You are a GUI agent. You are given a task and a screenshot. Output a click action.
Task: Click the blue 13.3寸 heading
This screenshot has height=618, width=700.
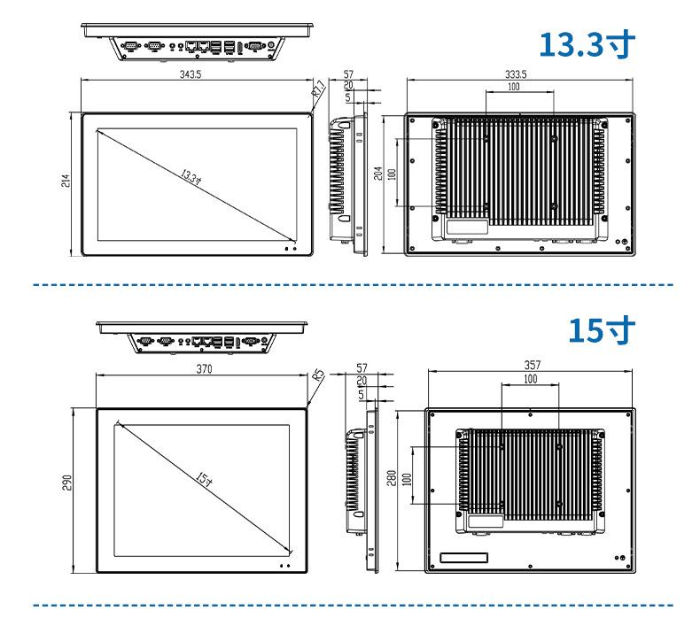[587, 44]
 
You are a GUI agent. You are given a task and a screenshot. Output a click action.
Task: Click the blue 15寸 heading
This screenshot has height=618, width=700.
[602, 330]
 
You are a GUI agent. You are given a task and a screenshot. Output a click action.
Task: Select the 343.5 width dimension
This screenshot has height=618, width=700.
[191, 74]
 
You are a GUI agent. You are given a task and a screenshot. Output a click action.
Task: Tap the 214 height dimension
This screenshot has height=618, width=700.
[66, 181]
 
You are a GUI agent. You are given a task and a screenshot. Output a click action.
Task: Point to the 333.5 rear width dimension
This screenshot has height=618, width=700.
[516, 74]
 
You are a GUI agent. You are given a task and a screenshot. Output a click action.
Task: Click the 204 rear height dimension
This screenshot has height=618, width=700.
[378, 174]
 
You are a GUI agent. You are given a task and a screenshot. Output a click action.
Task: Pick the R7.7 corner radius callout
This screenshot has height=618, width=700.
[319, 89]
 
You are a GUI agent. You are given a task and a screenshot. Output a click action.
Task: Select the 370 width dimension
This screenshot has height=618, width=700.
[204, 369]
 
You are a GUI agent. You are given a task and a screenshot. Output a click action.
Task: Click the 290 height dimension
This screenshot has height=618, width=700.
[66, 483]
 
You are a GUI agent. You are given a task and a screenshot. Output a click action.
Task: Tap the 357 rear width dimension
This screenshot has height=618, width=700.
[533, 365]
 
